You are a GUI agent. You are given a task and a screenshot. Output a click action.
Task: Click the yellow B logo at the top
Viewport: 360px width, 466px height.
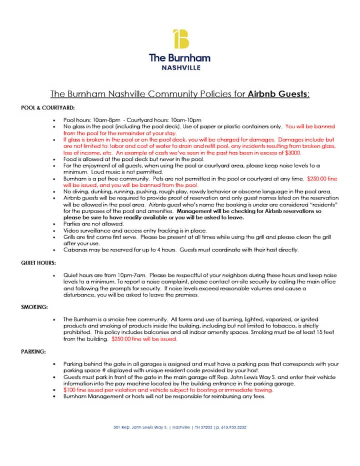tap(180, 39)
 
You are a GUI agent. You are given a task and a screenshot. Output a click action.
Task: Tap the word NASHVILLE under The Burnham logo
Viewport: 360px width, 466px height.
tap(180, 67)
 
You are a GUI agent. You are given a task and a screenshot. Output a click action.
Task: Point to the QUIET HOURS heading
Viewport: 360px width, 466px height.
tap(38, 262)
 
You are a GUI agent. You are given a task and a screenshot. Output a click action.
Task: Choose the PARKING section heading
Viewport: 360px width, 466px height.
tap(33, 351)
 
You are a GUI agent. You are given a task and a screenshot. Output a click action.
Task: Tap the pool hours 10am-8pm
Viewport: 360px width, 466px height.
tap(107, 120)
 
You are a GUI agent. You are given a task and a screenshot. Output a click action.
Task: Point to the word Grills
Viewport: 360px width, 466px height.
tap(70, 237)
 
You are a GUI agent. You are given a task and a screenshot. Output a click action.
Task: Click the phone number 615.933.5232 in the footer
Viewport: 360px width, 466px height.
tap(231, 427)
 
